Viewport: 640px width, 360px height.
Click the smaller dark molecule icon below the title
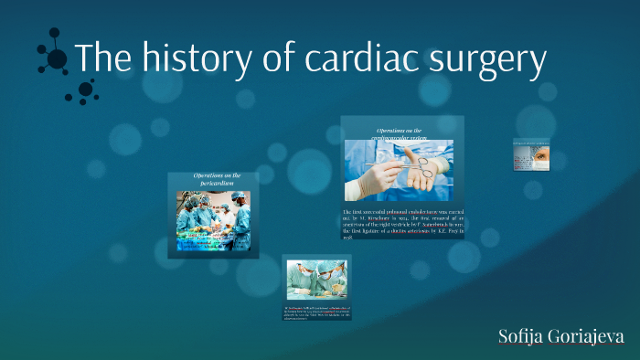[x=85, y=90]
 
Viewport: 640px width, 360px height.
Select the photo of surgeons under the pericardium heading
[x=214, y=220]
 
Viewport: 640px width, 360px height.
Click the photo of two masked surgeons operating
[x=316, y=280]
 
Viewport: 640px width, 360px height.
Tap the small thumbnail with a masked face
[x=531, y=154]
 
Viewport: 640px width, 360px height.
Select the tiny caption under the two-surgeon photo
[x=316, y=313]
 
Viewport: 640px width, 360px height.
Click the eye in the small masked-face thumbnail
[x=539, y=156]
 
